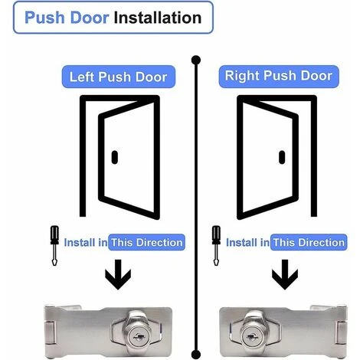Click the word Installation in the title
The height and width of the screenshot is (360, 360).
coord(158,18)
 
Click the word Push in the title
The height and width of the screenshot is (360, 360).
coord(44,18)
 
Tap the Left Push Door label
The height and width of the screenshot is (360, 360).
coord(119,77)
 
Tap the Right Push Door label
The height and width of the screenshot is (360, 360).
coord(279,77)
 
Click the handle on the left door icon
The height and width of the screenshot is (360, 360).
coord(115,157)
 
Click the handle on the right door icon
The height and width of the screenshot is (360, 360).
coord(282,157)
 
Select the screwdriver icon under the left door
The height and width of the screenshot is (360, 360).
coord(54,246)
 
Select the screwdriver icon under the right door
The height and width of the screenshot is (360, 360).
coord(216,246)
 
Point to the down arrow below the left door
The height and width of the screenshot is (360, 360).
coord(118,275)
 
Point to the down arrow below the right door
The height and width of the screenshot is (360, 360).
coord(285,275)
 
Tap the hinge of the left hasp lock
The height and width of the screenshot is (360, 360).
coord(51,332)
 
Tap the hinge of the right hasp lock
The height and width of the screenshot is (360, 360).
coord(341,332)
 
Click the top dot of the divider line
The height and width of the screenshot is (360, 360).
coord(196,61)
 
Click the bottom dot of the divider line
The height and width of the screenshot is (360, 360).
coord(196,355)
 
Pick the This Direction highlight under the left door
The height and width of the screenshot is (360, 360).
coord(146,242)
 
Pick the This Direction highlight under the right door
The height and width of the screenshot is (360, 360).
coord(309,242)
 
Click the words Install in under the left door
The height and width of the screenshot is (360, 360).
coord(86,243)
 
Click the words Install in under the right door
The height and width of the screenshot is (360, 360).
coord(247,243)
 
